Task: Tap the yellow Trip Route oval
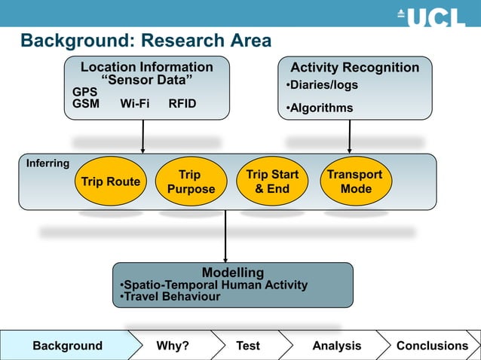click(x=111, y=182)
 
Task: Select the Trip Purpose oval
click(x=191, y=182)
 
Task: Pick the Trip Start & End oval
click(x=272, y=182)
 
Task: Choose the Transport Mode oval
click(x=355, y=182)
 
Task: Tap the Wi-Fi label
click(x=135, y=104)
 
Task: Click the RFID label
click(x=182, y=104)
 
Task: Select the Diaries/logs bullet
click(x=321, y=85)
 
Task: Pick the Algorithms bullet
click(x=319, y=108)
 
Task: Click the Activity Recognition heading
click(x=355, y=68)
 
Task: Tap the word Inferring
click(x=47, y=163)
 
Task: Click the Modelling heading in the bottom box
click(x=232, y=272)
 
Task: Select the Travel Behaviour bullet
click(x=170, y=297)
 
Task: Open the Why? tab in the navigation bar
click(x=173, y=346)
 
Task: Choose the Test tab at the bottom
click(x=247, y=346)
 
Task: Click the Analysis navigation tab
click(x=337, y=346)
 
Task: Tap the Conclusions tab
click(x=432, y=346)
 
